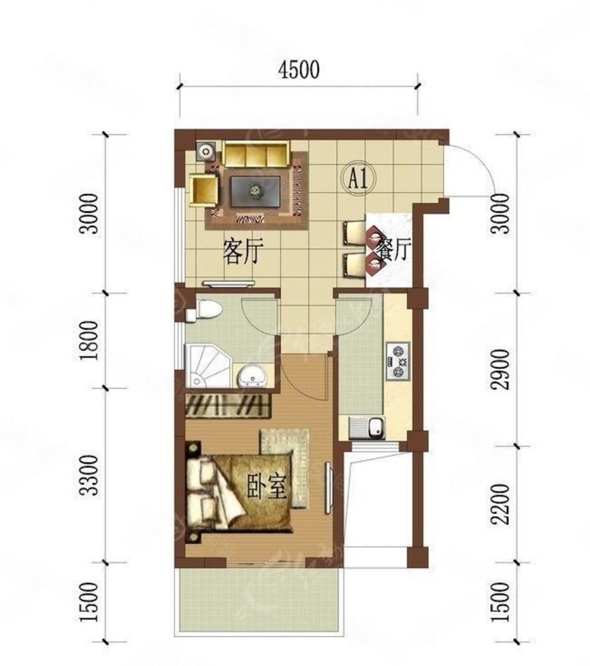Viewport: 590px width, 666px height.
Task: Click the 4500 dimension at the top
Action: coord(298,70)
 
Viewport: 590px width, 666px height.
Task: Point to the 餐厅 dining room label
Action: coord(395,250)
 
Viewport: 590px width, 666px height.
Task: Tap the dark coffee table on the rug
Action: coord(255,192)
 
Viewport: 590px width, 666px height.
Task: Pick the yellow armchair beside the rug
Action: coord(204,190)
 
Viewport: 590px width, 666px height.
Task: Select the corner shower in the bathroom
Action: coord(208,366)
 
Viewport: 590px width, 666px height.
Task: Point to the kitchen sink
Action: coord(376,427)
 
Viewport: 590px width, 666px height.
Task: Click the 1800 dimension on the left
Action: coord(91,340)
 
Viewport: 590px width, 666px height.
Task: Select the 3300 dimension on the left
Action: coord(91,476)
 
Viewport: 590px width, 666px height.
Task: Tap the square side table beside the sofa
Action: coord(206,151)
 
